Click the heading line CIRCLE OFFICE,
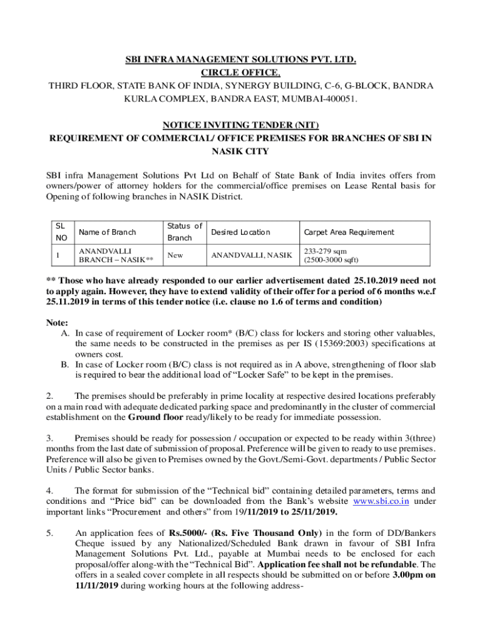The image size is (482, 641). coord(241,72)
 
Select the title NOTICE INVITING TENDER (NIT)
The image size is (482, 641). coord(241,125)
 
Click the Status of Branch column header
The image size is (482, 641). coord(184,232)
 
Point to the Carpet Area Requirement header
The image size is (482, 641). coord(349,232)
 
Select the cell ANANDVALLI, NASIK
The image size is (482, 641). coord(251,255)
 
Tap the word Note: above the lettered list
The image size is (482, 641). coord(58,322)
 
